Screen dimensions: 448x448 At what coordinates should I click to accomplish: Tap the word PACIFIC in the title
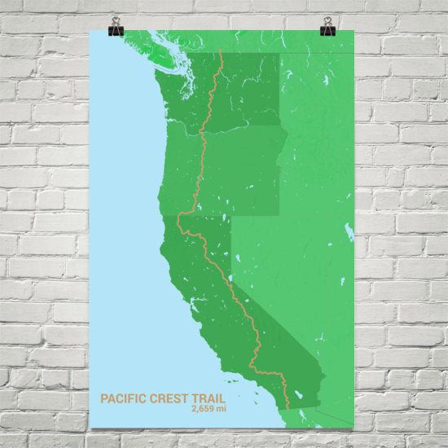click(121, 398)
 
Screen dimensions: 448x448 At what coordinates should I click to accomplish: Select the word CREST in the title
click(167, 398)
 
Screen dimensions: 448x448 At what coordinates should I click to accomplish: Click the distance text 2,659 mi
click(209, 409)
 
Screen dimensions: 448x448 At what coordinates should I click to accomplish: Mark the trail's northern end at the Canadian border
click(222, 53)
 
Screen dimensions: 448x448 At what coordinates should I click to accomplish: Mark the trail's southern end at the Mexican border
click(288, 408)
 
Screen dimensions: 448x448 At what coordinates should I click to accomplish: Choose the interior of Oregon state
click(236, 171)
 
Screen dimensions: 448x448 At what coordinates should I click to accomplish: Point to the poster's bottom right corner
click(354, 427)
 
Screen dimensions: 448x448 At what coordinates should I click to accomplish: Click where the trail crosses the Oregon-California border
click(181, 216)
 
